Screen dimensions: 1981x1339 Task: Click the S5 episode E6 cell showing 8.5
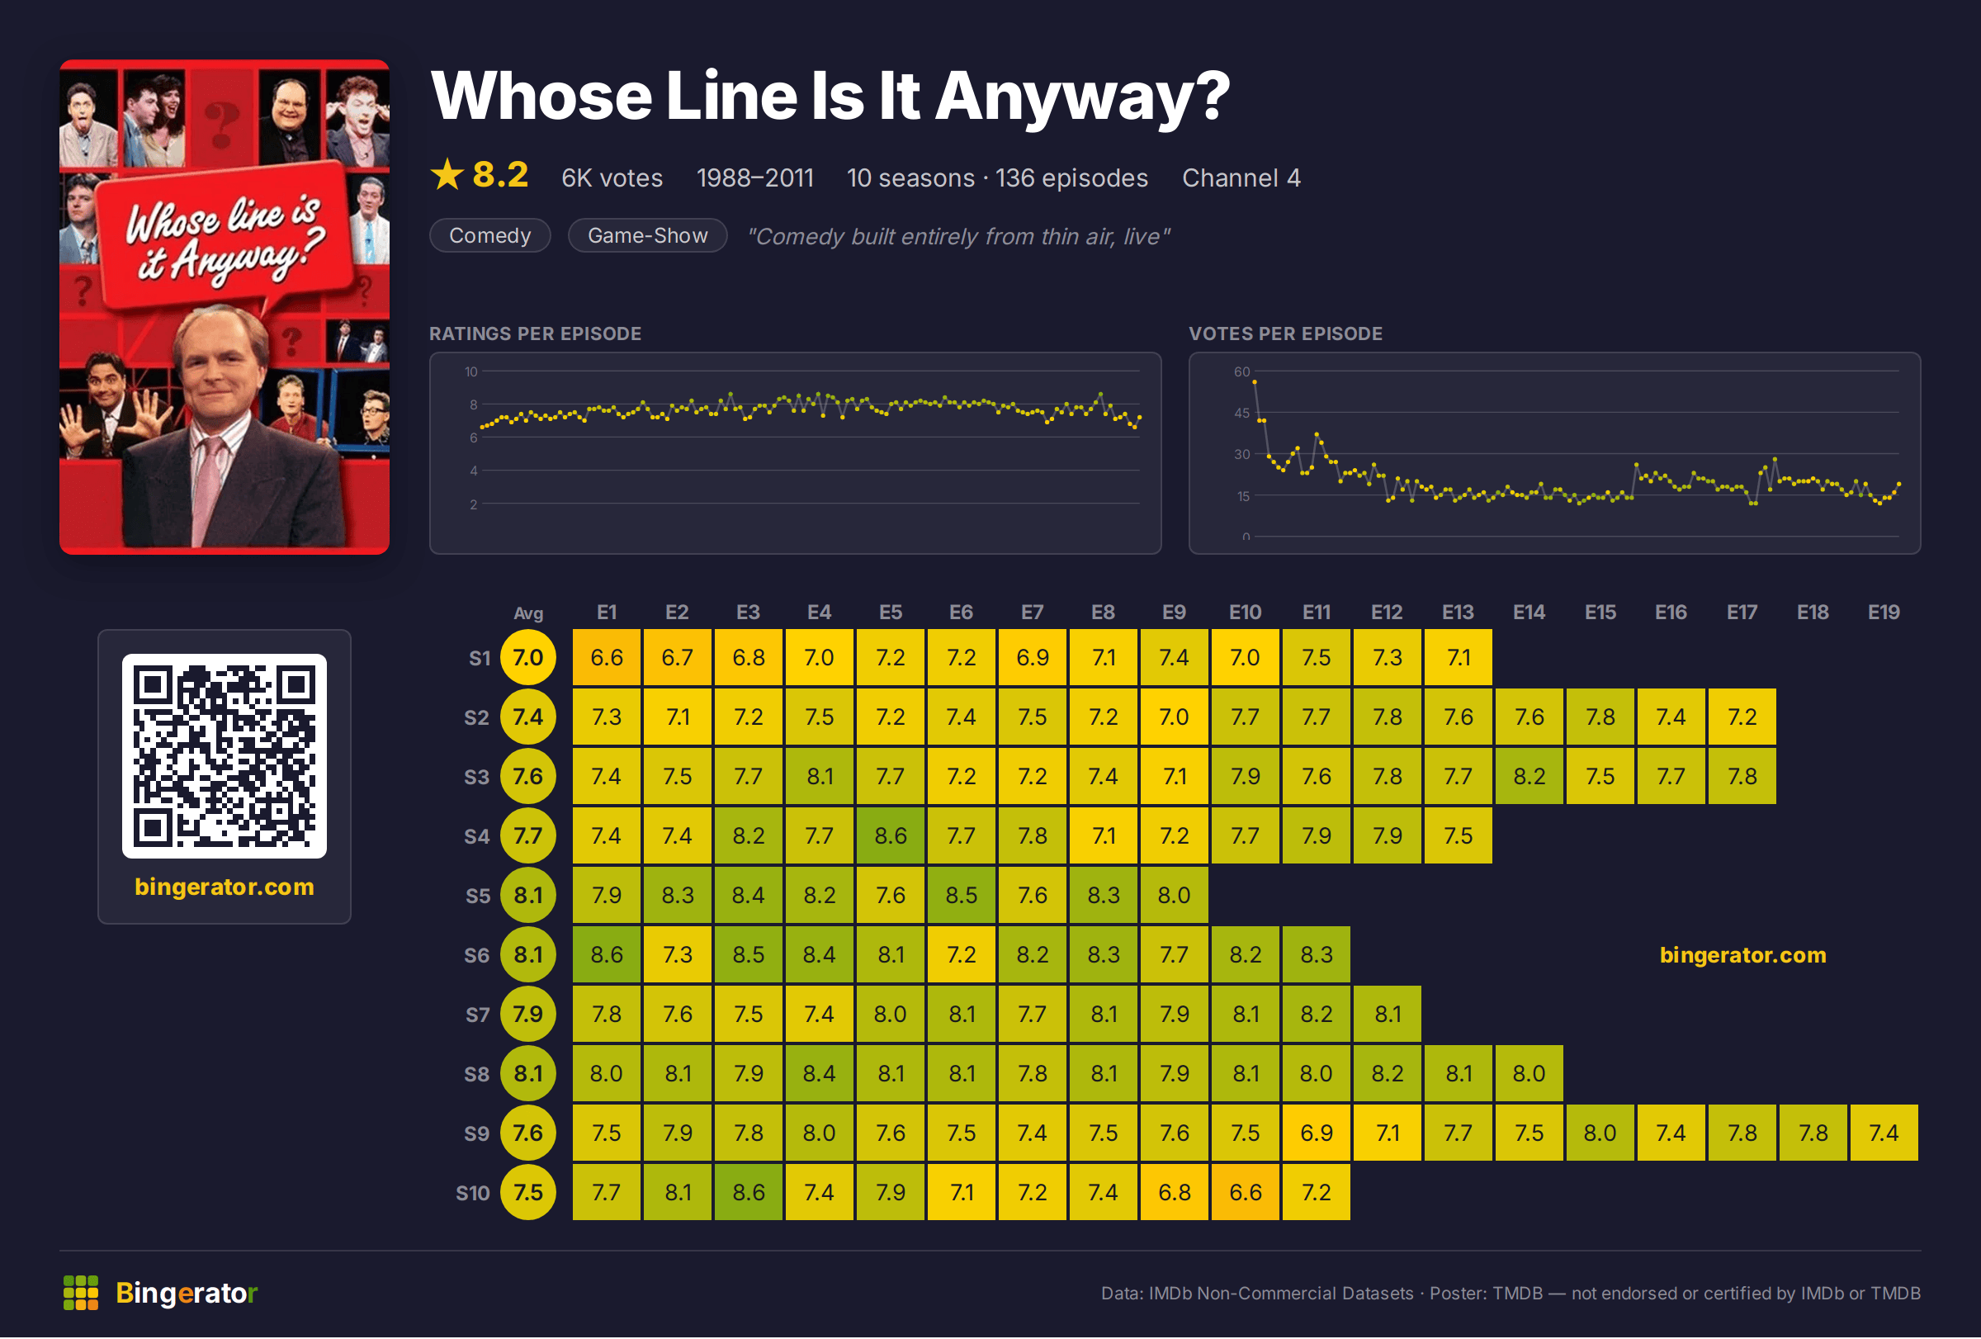(x=961, y=895)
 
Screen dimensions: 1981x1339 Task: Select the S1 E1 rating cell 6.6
(x=606, y=657)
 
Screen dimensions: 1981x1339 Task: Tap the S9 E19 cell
(x=1884, y=1133)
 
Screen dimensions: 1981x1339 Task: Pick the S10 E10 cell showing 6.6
(x=1246, y=1192)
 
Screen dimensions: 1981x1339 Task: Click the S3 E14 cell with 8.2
(x=1529, y=777)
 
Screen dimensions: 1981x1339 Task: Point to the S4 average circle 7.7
(x=527, y=835)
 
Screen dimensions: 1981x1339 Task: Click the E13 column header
(x=1458, y=612)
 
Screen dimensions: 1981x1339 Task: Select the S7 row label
(x=477, y=1015)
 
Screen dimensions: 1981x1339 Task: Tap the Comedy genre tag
(x=490, y=235)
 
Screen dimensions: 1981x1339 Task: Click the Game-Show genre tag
(x=648, y=235)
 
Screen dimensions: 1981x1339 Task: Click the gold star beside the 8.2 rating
(x=447, y=175)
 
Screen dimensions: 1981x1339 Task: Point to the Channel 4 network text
(x=1241, y=177)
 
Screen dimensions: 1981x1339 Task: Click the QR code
(x=225, y=756)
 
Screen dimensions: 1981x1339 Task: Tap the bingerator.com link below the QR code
(x=225, y=887)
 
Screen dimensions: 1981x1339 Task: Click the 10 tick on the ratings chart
(x=471, y=371)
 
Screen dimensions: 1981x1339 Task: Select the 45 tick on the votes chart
(x=1242, y=413)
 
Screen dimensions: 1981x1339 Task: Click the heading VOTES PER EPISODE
(x=1285, y=334)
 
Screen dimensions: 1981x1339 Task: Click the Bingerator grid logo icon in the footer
(x=81, y=1293)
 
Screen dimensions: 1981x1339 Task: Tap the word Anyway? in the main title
(x=1084, y=97)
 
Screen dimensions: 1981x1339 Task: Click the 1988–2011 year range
(x=755, y=177)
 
